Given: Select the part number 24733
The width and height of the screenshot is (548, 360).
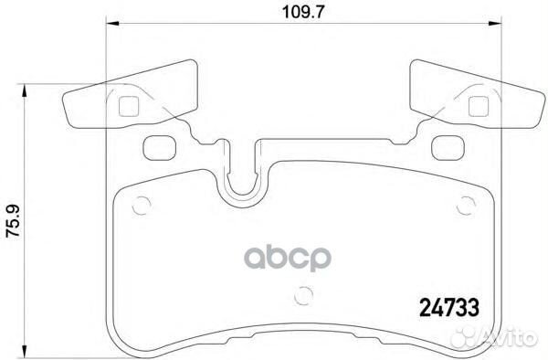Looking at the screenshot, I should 448,311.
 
